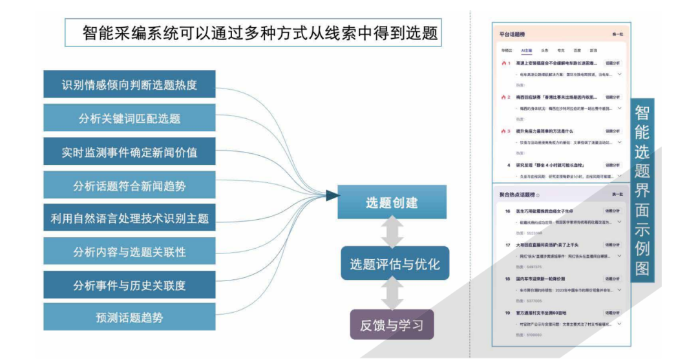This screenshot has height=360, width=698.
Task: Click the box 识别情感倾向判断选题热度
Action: click(129, 84)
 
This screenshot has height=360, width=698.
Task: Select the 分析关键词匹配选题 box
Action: click(129, 118)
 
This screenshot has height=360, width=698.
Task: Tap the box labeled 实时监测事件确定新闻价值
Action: click(129, 152)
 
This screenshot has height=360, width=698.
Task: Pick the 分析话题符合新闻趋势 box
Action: click(129, 185)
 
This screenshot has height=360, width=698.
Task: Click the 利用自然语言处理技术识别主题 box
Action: click(129, 218)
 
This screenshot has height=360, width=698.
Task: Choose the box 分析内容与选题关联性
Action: click(129, 251)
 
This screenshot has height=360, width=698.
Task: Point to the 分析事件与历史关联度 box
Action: click(129, 285)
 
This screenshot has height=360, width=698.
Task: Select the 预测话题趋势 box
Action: click(129, 317)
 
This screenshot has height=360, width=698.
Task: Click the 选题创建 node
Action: click(392, 202)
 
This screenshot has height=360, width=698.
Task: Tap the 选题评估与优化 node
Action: click(395, 264)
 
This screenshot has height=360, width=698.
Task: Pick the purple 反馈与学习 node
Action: click(392, 325)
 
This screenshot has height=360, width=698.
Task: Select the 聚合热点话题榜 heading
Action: click(518, 195)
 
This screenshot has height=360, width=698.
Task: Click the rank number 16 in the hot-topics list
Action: click(507, 211)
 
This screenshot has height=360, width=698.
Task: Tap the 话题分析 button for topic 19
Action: click(611, 313)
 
